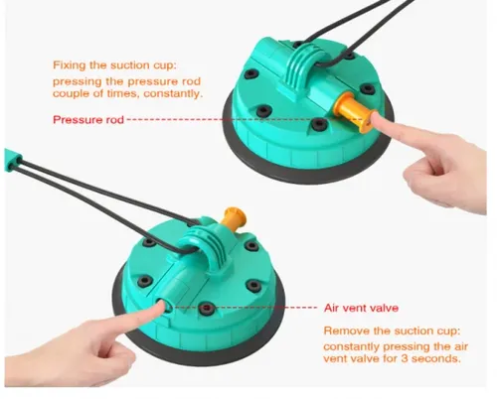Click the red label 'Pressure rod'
tap(88, 119)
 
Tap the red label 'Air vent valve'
tap(361, 308)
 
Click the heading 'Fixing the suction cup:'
tap(115, 66)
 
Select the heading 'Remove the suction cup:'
tap(392, 331)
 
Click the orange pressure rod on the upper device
tap(351, 111)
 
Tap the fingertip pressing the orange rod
tap(376, 119)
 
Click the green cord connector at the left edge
tap(13, 161)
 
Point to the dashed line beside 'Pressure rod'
tap(246, 119)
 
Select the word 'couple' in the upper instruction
tap(72, 94)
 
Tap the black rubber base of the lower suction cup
tap(199, 354)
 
